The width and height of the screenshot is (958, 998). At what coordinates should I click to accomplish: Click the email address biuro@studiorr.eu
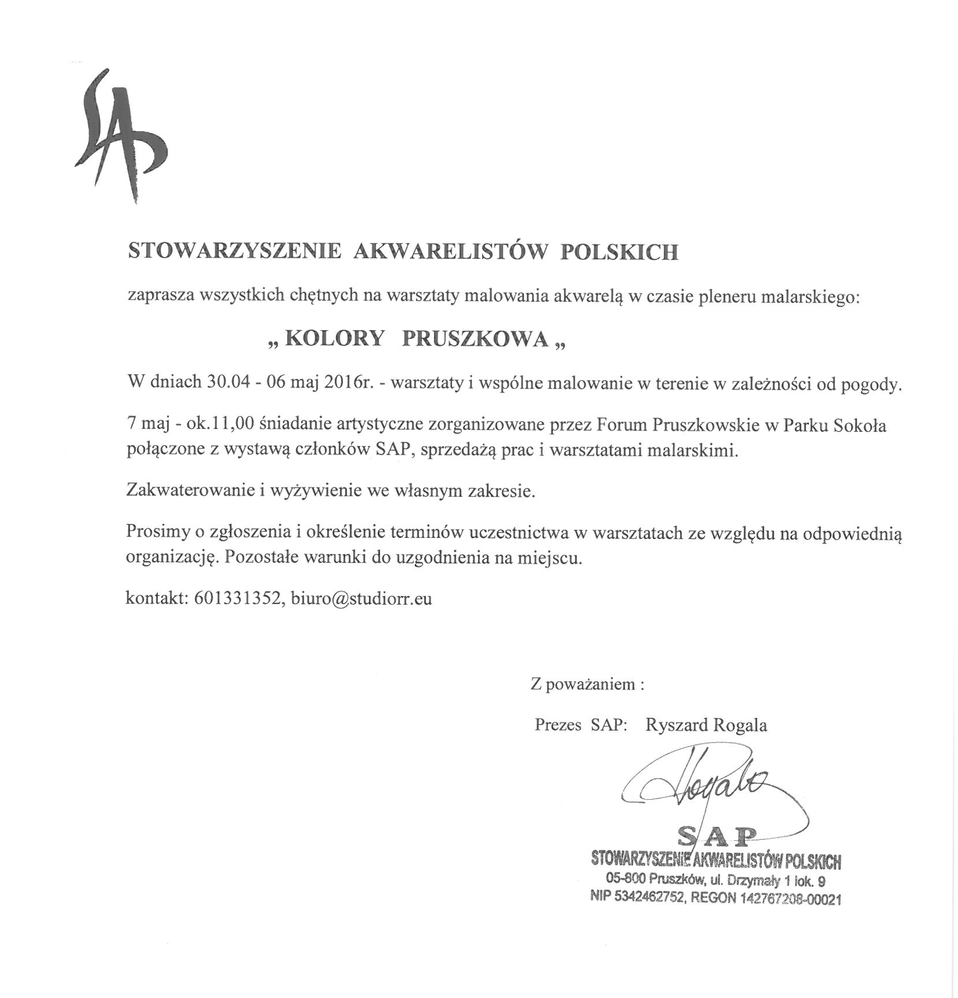361,598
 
